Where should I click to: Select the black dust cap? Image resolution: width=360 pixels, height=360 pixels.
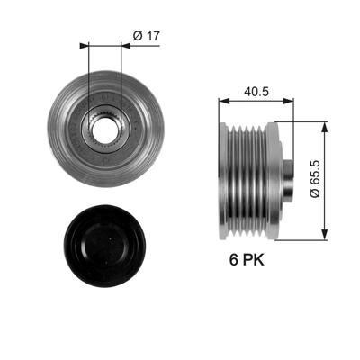(105, 242)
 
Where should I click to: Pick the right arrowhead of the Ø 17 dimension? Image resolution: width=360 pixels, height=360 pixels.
(119, 43)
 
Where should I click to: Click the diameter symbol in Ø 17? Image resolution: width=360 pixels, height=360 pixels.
(136, 35)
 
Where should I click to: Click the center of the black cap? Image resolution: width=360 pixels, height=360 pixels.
(105, 242)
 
